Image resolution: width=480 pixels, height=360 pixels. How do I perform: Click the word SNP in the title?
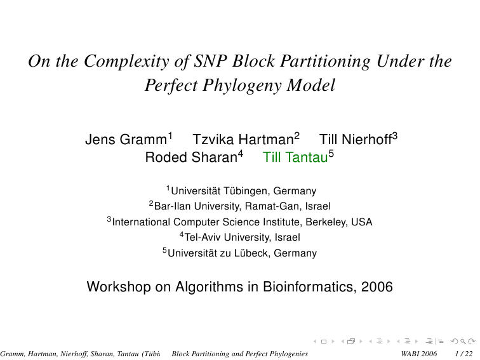pyautogui.click(x=210, y=61)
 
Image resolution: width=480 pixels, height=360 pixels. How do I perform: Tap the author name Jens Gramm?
pyautogui.click(x=126, y=140)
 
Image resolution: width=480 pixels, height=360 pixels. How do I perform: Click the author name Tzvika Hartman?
pyautogui.click(x=243, y=140)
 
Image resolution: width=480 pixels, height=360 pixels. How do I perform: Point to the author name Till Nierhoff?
pyautogui.click(x=356, y=140)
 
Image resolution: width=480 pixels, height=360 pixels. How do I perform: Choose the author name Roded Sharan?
pyautogui.click(x=191, y=157)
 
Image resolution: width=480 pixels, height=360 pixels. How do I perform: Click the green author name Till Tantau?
pyautogui.click(x=295, y=157)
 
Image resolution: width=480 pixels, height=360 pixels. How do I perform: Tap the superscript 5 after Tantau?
pyautogui.click(x=331, y=154)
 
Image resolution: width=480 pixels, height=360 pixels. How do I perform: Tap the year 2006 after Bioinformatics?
pyautogui.click(x=377, y=287)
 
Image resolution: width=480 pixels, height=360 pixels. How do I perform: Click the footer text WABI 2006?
pyautogui.click(x=418, y=354)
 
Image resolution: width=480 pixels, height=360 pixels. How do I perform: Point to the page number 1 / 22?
pyautogui.click(x=463, y=354)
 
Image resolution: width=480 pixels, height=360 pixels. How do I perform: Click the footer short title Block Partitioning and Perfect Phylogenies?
pyautogui.click(x=240, y=354)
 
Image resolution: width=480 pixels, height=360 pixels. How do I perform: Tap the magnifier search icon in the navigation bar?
pyautogui.click(x=463, y=342)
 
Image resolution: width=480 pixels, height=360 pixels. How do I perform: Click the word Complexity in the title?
pyautogui.click(x=126, y=62)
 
